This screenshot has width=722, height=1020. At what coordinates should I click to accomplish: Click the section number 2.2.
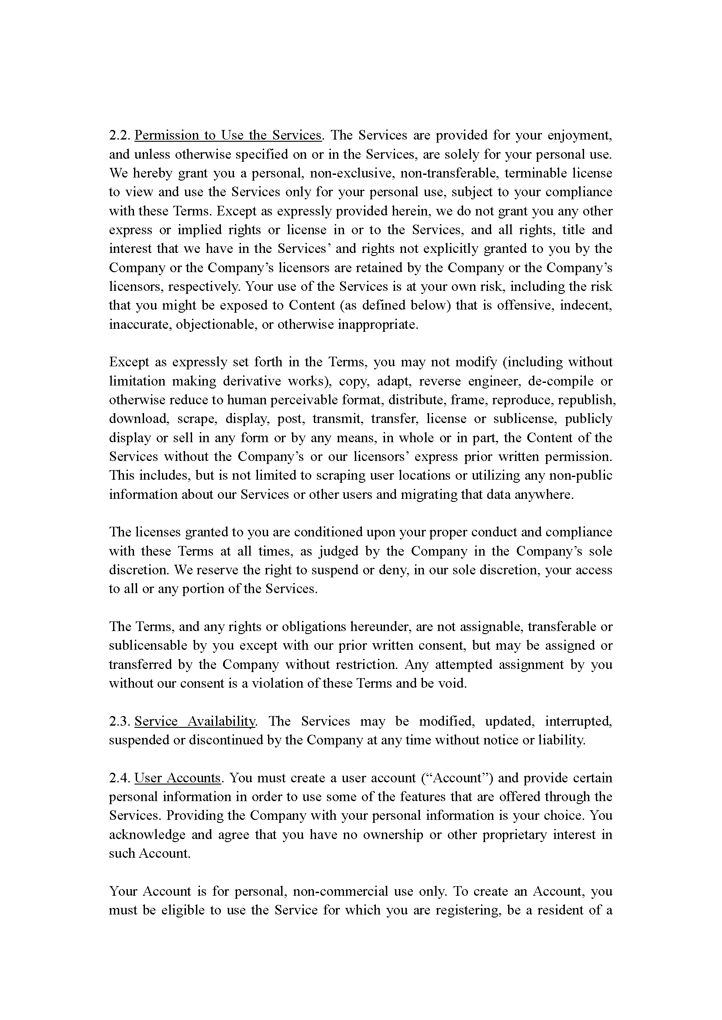click(x=120, y=135)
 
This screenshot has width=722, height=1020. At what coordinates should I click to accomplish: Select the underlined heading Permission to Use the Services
click(x=227, y=135)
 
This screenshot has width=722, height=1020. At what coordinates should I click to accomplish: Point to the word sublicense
click(x=525, y=419)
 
